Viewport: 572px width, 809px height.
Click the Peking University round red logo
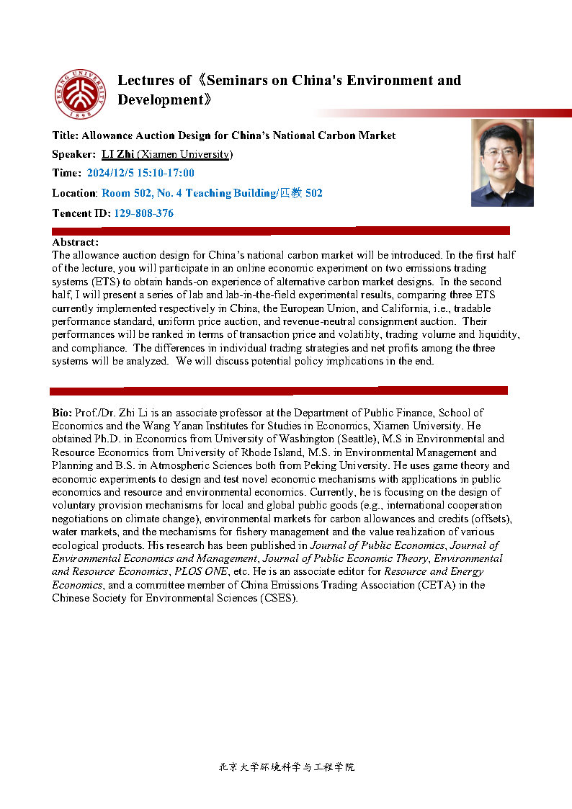81,94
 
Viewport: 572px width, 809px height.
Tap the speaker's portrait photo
502,163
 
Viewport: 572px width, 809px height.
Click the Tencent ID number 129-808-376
143,213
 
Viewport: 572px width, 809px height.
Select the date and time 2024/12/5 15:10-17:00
140,173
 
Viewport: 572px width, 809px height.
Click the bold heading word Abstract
75,242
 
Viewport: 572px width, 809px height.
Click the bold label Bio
62,413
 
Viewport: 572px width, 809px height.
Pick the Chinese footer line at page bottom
286,767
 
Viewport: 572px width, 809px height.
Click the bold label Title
66,135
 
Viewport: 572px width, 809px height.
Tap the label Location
74,193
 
